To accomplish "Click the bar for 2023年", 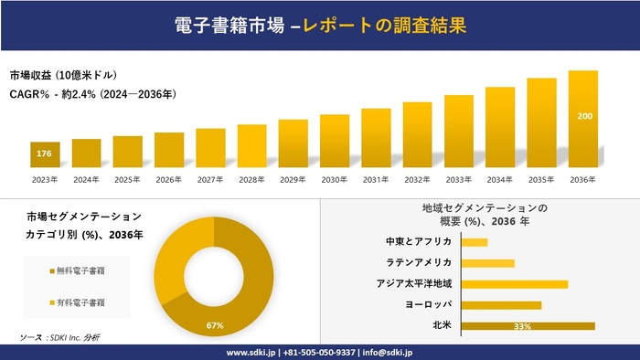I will click(x=45, y=155).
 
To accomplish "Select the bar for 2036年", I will click(x=582, y=119).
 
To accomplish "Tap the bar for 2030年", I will click(x=335, y=141).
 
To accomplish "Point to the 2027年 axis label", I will click(x=210, y=179).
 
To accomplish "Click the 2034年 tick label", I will click(x=500, y=179).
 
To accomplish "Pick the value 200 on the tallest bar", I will click(x=583, y=116).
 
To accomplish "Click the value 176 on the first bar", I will click(x=44, y=154).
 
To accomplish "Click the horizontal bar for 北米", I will click(x=528, y=325).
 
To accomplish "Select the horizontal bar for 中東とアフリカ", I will click(x=475, y=242).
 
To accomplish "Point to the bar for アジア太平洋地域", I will click(x=515, y=284).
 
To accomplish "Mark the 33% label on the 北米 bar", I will click(x=522, y=326).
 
